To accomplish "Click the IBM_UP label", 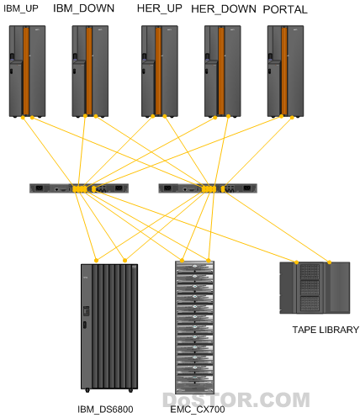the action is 21,8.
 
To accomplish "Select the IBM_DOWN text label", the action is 83,8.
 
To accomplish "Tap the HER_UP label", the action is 160,8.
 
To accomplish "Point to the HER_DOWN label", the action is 224,9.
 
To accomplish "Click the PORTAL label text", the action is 285,9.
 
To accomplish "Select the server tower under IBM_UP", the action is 27,71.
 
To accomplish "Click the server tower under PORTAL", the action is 285,71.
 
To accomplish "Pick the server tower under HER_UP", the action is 160,71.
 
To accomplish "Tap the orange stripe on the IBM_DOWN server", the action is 89,71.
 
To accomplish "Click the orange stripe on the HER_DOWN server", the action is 221,71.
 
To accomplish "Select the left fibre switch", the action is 79,188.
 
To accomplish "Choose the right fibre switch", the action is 208,188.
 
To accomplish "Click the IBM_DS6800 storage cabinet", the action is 109,327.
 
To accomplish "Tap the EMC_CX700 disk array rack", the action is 195,327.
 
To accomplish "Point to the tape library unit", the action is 315,288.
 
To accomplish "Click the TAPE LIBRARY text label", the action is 326,330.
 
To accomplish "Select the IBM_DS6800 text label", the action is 105,410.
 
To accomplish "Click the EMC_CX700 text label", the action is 198,410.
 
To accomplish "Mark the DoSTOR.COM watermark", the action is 236,399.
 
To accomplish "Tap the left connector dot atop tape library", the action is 296,262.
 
